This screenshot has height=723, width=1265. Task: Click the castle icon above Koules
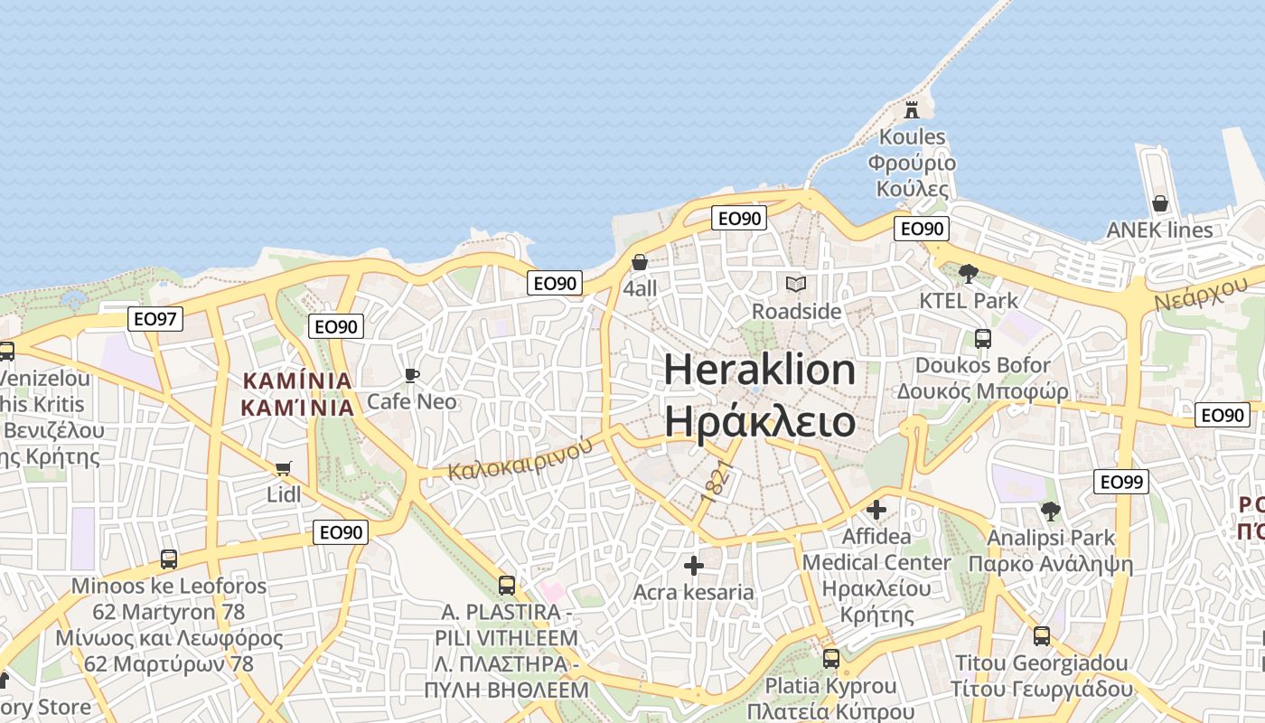(912, 109)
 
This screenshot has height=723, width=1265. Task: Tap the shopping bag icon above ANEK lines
(1160, 203)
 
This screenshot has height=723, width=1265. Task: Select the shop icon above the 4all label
(640, 262)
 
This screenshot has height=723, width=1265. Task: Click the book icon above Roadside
(795, 285)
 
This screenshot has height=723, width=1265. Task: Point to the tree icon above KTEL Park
(968, 273)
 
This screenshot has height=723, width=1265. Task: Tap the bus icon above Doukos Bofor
(982, 339)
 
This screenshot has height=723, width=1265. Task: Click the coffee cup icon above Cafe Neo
(412, 375)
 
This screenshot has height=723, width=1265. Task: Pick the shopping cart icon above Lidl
(283, 468)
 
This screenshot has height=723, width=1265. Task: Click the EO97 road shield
(156, 318)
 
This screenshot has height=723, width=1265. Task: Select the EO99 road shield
(1120, 482)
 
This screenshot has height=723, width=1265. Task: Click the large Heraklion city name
(760, 371)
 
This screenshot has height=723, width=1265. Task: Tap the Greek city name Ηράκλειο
(760, 421)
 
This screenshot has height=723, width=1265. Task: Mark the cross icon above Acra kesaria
(694, 566)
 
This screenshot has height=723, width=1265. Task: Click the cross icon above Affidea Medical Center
(876, 510)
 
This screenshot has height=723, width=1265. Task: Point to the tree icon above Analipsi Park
(1050, 512)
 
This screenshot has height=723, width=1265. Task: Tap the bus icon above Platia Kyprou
(831, 659)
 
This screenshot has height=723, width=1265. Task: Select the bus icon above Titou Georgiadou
(1042, 636)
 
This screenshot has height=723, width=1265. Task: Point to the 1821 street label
(714, 486)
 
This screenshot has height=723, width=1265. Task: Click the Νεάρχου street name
(1200, 294)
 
